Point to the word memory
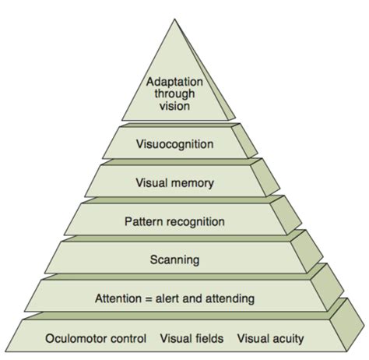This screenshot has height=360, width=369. point(197,183)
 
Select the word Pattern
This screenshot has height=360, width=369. point(142,221)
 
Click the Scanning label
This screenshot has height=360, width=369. point(174,259)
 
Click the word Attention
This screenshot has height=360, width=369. point(117,298)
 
